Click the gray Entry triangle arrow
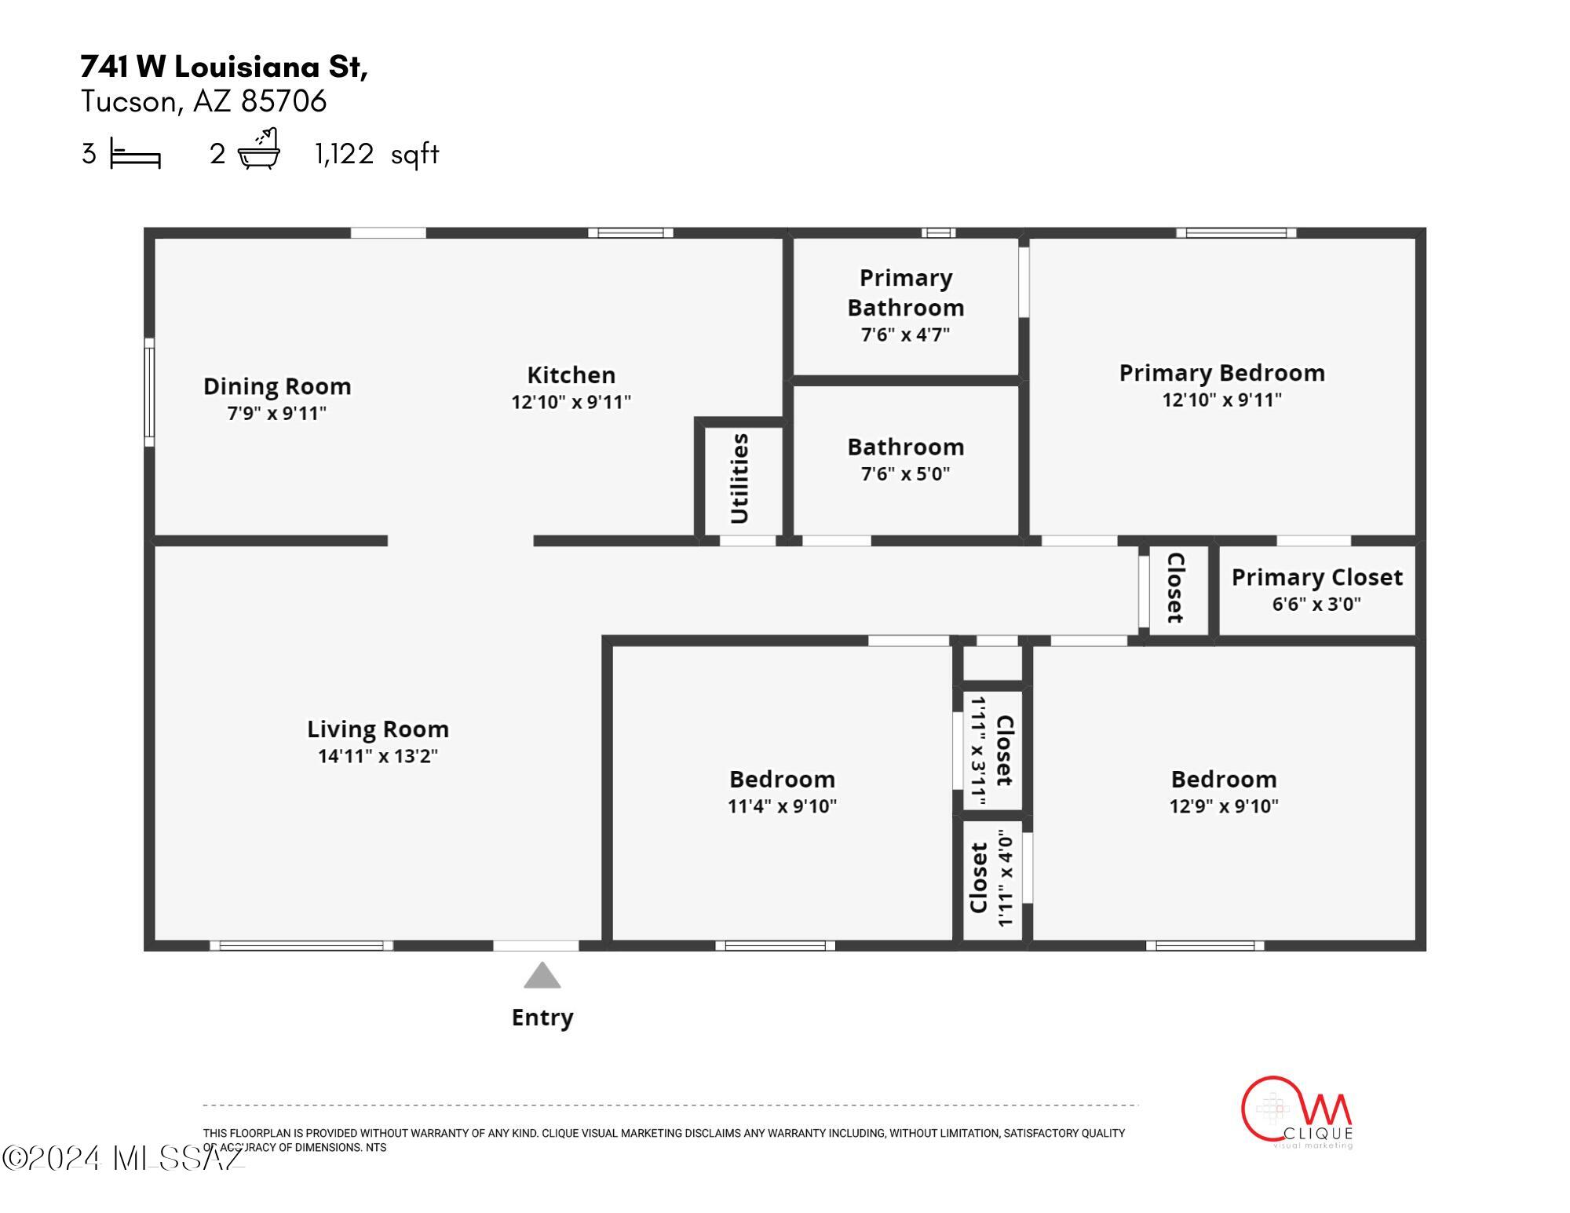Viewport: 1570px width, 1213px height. click(x=542, y=976)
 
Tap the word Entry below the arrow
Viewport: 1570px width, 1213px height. click(x=542, y=1018)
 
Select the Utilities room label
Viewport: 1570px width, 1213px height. click(x=739, y=478)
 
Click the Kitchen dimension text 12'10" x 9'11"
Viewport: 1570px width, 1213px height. click(x=571, y=402)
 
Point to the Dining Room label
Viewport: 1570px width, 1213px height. click(x=277, y=386)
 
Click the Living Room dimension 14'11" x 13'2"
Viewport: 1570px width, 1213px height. click(x=378, y=756)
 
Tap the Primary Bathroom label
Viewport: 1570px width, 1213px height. click(x=906, y=292)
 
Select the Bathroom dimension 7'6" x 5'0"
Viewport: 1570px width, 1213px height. click(x=906, y=473)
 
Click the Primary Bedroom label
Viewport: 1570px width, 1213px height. click(x=1222, y=373)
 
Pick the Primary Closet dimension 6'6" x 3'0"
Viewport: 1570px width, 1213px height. click(x=1316, y=604)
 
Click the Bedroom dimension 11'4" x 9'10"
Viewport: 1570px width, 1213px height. click(x=783, y=806)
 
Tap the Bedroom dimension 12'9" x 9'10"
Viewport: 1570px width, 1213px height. click(x=1224, y=806)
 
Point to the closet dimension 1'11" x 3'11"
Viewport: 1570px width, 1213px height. click(x=978, y=751)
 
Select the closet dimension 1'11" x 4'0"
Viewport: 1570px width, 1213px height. click(x=1006, y=879)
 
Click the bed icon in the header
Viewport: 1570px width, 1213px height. click(x=135, y=153)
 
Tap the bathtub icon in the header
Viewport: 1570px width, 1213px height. click(x=259, y=148)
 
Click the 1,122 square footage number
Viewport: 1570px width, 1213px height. click(x=345, y=153)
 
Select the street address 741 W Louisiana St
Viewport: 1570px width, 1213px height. click(x=225, y=68)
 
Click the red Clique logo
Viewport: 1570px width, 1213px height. click(x=1297, y=1112)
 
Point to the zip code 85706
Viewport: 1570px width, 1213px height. click(x=283, y=101)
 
